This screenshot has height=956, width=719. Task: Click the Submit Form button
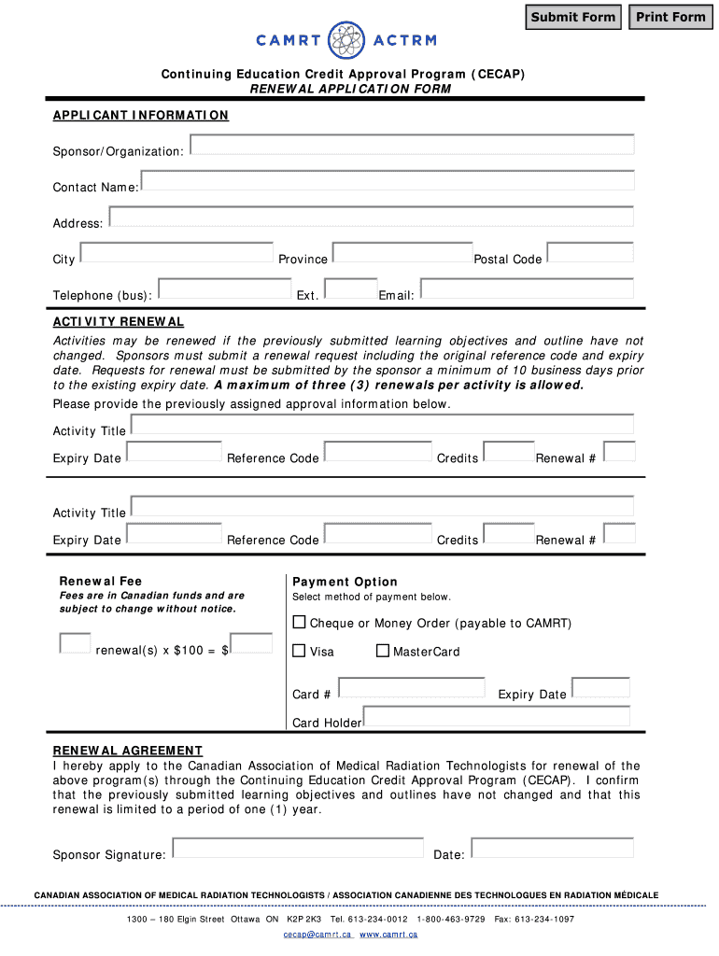coord(573,17)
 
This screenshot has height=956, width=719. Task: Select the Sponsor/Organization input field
coord(412,145)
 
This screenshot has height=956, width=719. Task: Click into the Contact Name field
coord(387,181)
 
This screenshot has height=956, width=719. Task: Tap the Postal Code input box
coord(590,253)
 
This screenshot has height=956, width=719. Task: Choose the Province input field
coord(402,253)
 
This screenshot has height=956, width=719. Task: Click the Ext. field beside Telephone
coord(352,289)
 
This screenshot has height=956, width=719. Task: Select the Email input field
coord(527,289)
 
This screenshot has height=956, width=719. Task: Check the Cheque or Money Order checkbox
coord(300,622)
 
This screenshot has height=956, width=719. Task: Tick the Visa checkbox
coord(300,651)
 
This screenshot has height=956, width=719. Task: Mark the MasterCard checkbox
coord(382,651)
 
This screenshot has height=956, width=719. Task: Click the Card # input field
coord(412,688)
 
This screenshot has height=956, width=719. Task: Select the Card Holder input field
coord(496,716)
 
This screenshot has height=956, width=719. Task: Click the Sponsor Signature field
coord(300,848)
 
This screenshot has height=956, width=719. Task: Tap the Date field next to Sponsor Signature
coord(552,848)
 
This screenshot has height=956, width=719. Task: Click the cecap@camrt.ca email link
coord(317,935)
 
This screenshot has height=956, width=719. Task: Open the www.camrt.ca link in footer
coord(388,935)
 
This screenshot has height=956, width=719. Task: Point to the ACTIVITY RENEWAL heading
coord(119,322)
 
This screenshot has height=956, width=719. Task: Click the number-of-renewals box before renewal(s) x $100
coord(75,643)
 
